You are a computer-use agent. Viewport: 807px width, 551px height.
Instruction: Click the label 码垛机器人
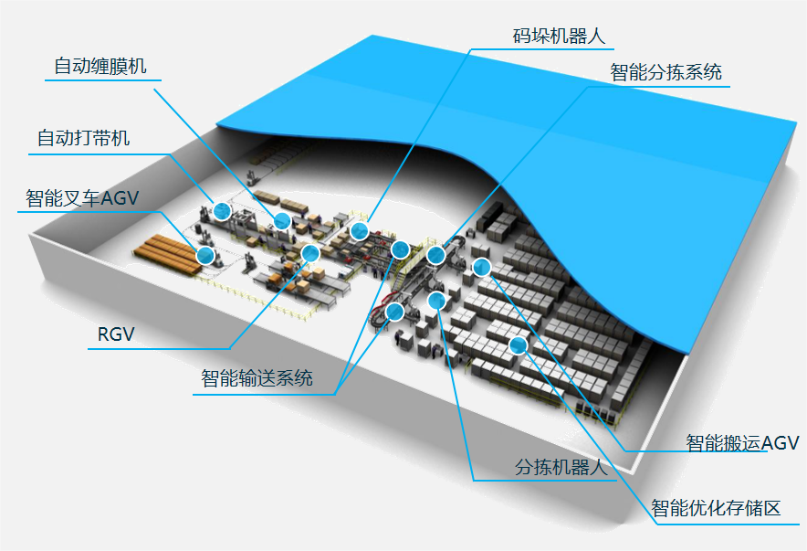click(560, 37)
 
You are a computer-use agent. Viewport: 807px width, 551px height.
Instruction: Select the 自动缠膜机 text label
click(100, 66)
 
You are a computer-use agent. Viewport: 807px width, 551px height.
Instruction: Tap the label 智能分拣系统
click(666, 72)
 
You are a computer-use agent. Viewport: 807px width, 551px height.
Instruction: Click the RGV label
click(116, 334)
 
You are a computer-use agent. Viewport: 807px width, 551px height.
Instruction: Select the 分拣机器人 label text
click(561, 467)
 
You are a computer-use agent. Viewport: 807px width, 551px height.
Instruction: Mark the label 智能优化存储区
click(716, 508)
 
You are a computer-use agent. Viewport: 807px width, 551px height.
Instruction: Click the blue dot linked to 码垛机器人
click(360, 230)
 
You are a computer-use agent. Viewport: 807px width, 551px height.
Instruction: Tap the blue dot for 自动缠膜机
click(282, 220)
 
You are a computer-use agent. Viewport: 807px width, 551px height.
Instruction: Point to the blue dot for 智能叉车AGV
click(205, 255)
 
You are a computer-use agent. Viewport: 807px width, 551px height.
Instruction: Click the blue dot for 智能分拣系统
click(435, 255)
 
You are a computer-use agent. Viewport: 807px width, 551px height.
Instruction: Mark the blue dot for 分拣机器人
click(436, 299)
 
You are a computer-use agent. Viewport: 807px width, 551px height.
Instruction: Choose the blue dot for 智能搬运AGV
click(482, 267)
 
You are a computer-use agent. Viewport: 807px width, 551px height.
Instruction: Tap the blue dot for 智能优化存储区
click(519, 344)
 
